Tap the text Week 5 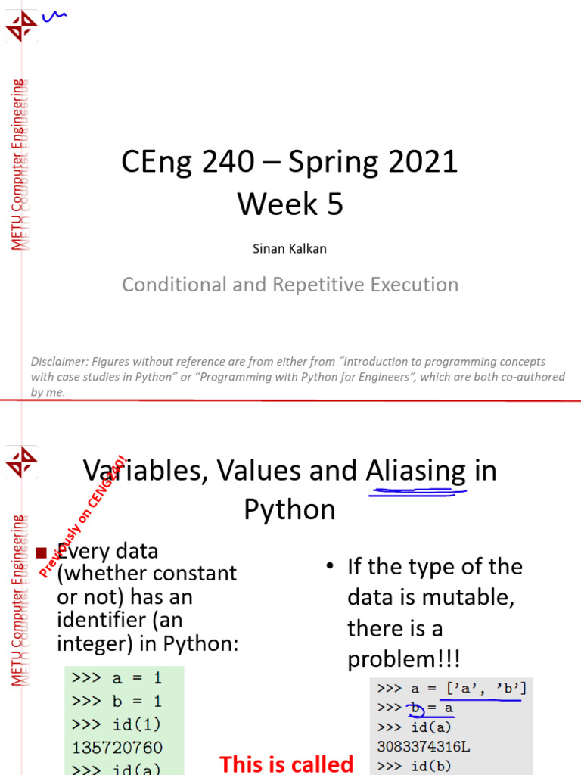[x=290, y=204]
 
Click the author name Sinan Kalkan [x=290, y=248]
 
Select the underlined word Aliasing [x=415, y=472]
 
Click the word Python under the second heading [x=289, y=510]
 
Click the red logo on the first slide [x=21, y=27]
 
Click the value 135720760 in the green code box [x=117, y=748]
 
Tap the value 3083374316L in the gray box [x=424, y=747]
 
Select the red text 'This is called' [x=286, y=764]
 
